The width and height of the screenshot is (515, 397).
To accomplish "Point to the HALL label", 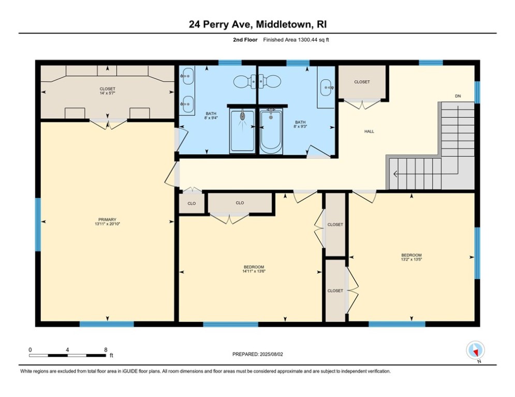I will [x=369, y=131].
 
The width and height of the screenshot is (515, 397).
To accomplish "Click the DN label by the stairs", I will [x=458, y=96].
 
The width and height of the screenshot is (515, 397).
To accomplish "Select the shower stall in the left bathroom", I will [x=242, y=131].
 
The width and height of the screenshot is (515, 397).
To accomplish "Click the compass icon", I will [x=474, y=350].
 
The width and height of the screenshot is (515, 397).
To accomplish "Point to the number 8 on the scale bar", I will [x=106, y=350].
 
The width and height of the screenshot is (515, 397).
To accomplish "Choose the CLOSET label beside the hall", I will [x=362, y=82].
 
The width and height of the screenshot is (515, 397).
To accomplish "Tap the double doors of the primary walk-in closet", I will [x=108, y=124].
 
